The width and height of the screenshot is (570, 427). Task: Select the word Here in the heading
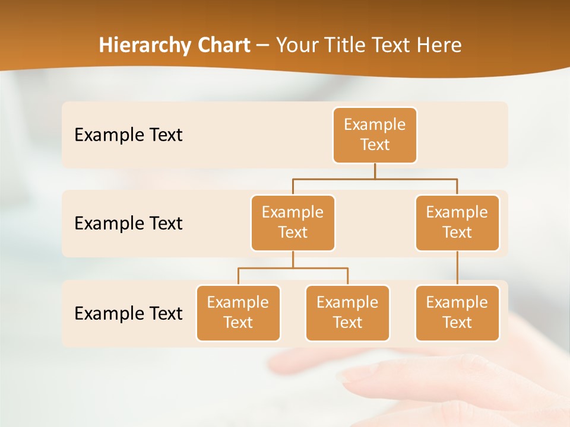[439, 46]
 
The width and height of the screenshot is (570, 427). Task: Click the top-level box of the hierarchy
[375, 135]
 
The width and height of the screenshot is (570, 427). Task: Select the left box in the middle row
[293, 223]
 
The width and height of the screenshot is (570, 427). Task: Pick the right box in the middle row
[457, 223]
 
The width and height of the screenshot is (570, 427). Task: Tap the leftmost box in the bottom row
[238, 313]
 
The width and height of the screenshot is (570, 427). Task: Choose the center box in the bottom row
[347, 313]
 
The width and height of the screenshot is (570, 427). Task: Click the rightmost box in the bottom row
[457, 313]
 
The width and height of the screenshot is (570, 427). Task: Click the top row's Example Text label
[128, 135]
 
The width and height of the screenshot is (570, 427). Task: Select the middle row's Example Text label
[128, 224]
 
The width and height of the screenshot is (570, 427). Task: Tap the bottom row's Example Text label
[128, 313]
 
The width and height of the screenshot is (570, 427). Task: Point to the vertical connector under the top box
[375, 171]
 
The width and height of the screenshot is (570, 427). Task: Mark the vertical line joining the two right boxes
[457, 268]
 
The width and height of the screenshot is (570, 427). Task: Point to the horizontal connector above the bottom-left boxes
[293, 268]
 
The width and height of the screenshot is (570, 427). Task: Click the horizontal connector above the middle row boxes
[375, 179]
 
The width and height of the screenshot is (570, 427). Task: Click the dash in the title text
[263, 46]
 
